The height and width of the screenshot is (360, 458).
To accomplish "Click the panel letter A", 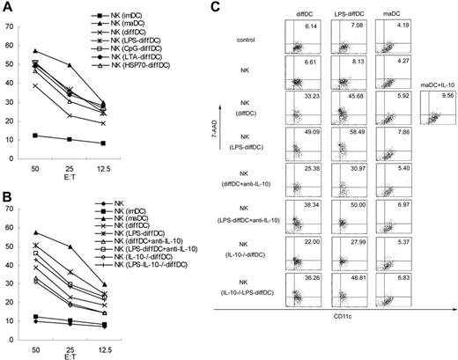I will click(x=7, y=7).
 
